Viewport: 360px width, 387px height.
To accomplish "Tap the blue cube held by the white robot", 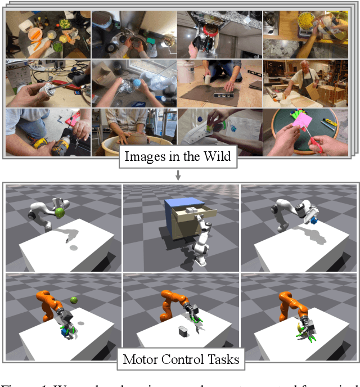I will click(x=313, y=216).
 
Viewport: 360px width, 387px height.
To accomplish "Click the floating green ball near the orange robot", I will click(x=74, y=300).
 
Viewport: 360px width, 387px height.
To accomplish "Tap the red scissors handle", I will click(x=318, y=147).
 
